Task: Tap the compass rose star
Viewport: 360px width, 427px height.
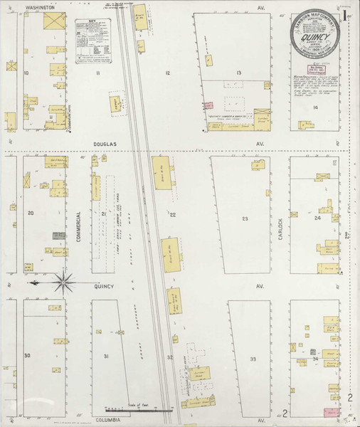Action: pos(63,283)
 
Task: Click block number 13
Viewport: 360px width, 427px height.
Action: pos(240,73)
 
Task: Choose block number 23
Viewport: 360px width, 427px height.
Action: pos(244,218)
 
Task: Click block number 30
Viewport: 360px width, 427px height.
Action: pos(28,355)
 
